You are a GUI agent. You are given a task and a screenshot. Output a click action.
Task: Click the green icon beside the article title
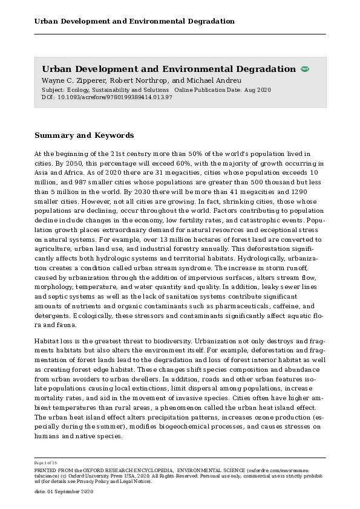pyautogui.click(x=305, y=70)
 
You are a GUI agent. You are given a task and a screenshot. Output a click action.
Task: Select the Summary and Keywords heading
pyautogui.click(x=84, y=135)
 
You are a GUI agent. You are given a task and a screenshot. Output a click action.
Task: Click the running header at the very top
pyautogui.click(x=134, y=21)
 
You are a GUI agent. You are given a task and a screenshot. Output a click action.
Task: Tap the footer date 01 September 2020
pyautogui.click(x=70, y=492)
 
